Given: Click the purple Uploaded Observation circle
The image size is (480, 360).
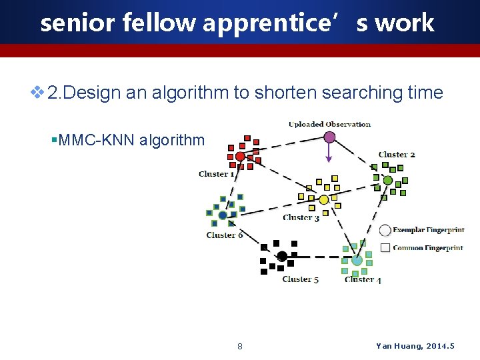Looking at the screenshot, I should pyautogui.click(x=329, y=137).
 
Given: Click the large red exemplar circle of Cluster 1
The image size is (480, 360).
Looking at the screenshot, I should pyautogui.click(x=240, y=157).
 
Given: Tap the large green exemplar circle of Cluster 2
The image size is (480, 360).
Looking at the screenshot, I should pyautogui.click(x=387, y=180).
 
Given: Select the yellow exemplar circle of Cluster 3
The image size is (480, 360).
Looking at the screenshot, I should pyautogui.click(x=324, y=199).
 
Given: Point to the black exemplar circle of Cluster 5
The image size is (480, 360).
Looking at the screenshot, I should pyautogui.click(x=282, y=256).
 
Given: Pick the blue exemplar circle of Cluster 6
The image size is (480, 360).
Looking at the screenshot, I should pyautogui.click(x=223, y=215).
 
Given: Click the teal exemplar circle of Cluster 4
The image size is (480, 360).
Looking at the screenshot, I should pyautogui.click(x=357, y=261).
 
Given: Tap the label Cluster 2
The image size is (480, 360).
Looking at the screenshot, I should pyautogui.click(x=397, y=155).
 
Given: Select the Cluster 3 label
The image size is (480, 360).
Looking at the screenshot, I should pyautogui.click(x=301, y=217).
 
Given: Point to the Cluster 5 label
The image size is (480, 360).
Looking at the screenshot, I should pyautogui.click(x=300, y=279).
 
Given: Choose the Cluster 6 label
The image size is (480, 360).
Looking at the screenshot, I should pyautogui.click(x=225, y=235).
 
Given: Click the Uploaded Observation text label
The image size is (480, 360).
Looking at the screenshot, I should pyautogui.click(x=329, y=124).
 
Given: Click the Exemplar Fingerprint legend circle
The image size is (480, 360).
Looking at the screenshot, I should pyautogui.click(x=385, y=231).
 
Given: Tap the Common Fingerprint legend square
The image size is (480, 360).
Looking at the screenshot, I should pyautogui.click(x=385, y=248).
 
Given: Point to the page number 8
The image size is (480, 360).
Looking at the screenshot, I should pyautogui.click(x=240, y=346).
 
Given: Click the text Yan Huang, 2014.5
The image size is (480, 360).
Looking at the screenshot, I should pyautogui.click(x=415, y=346).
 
